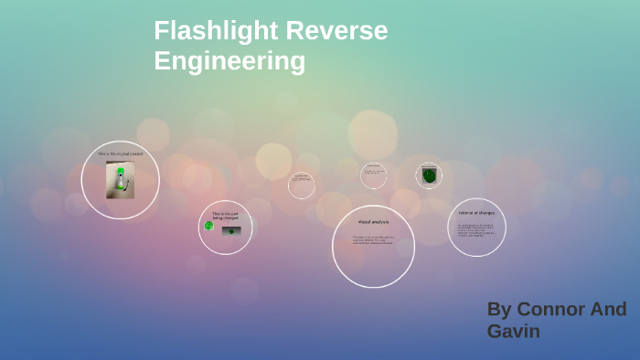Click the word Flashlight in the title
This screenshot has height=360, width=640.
coord(216,31)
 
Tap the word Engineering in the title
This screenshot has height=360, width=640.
coord(229,61)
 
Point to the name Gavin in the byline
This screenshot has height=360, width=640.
coord(513,331)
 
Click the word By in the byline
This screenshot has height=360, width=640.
coord(500,309)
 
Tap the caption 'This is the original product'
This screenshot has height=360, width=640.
coord(120,154)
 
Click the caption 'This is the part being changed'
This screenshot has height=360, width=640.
coord(224,216)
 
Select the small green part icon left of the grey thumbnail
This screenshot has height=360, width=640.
coord(208,226)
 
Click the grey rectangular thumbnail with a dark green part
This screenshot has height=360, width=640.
coord(230,230)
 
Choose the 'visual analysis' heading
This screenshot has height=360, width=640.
coord(373,222)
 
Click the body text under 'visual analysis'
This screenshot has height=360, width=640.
coord(373,239)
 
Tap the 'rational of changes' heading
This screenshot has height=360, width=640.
coord(476,213)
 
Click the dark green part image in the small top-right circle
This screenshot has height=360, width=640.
coord(429,175)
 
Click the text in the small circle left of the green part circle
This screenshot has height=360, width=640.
coord(373,172)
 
